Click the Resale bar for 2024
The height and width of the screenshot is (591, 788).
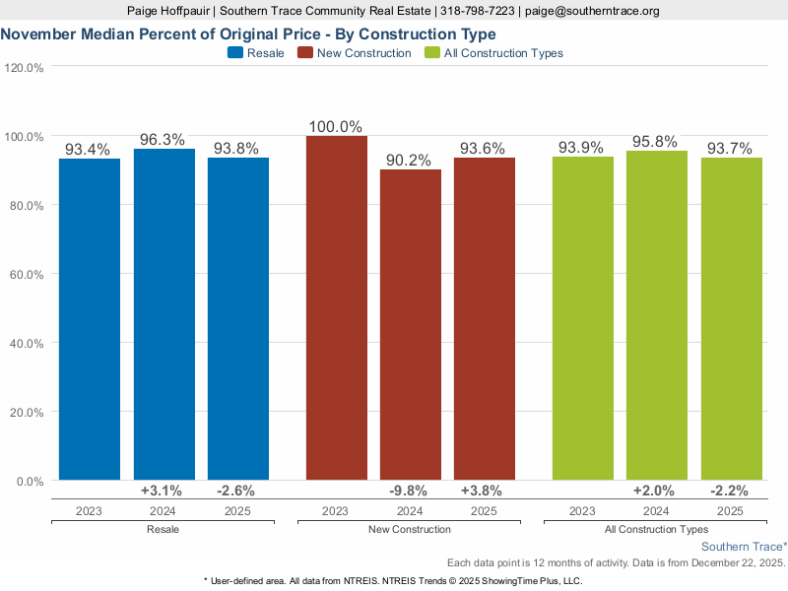click(164, 314)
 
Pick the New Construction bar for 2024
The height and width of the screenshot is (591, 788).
click(410, 325)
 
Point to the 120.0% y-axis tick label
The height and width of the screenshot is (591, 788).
click(25, 68)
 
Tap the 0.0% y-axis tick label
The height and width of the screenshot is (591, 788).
click(30, 481)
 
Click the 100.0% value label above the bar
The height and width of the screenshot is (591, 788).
click(335, 127)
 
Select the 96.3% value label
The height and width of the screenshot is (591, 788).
click(163, 140)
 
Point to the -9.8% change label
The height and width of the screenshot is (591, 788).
click(410, 491)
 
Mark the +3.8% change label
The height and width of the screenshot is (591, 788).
click(484, 491)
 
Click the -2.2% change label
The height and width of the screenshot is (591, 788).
click(730, 491)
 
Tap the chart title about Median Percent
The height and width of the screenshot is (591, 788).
click(247, 33)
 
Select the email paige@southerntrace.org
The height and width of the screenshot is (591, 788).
click(591, 11)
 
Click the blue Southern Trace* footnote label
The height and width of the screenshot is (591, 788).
click(744, 546)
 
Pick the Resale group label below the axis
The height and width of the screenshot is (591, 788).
click(163, 530)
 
